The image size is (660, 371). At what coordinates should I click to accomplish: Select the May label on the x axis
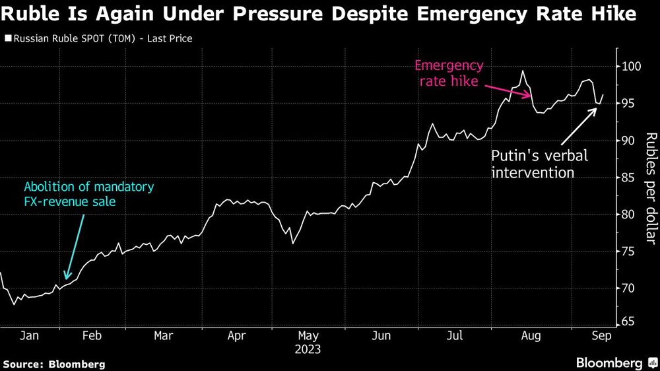309,336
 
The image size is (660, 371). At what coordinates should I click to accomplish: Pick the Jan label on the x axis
29,336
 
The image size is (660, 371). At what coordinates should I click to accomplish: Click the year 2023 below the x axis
309,349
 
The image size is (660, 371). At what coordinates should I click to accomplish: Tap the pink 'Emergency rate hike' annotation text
449,75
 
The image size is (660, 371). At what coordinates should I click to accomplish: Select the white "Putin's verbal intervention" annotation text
539,164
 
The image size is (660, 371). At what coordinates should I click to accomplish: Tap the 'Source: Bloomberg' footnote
54,364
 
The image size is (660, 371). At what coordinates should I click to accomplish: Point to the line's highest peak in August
523,71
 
